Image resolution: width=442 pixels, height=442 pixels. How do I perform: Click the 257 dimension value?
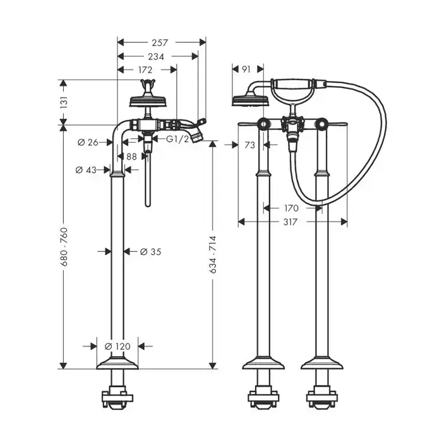tap(160, 42)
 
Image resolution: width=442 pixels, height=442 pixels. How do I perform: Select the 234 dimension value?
tap(156, 57)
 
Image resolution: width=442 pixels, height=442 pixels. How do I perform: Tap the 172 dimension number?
tap(145, 69)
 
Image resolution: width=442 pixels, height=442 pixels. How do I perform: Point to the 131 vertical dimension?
tap(64, 102)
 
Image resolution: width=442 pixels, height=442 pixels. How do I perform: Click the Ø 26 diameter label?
tap(88, 143)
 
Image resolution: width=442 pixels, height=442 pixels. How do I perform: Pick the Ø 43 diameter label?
tap(86, 170)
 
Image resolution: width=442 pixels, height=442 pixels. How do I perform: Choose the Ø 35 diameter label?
tap(150, 251)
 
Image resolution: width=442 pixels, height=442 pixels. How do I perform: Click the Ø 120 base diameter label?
tap(117, 346)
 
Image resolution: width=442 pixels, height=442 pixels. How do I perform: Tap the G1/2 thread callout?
tap(177, 139)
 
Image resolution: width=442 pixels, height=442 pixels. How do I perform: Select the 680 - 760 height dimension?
tap(64, 247)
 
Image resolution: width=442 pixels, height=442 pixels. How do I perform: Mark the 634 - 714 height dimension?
tap(213, 254)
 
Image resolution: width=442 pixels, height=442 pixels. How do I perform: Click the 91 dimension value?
tap(246, 69)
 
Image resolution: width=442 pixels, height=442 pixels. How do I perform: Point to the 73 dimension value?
tap(249, 145)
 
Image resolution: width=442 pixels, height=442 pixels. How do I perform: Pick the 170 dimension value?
tap(291, 208)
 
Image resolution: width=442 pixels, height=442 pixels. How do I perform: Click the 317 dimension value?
tap(290, 222)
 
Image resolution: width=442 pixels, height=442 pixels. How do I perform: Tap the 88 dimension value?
tap(131, 157)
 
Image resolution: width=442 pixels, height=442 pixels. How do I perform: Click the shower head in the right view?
tap(251, 101)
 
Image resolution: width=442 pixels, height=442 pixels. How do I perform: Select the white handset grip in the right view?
tap(294, 83)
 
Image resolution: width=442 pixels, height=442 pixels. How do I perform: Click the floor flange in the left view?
tap(117, 363)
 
